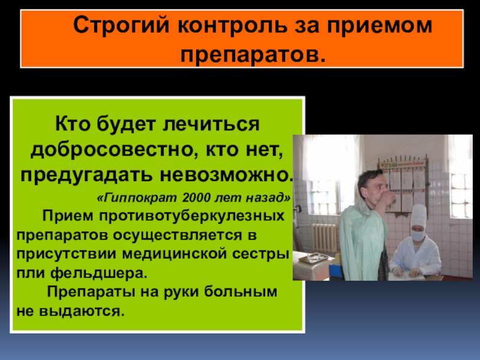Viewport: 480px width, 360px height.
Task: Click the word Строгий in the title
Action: pyautogui.click(x=121, y=26)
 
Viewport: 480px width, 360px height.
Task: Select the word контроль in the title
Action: pyautogui.click(x=232, y=25)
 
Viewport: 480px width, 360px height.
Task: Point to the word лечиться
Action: pyautogui.click(x=211, y=125)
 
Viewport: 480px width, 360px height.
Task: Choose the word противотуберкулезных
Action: pyautogui.click(x=191, y=216)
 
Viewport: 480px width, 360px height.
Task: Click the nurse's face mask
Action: pyautogui.click(x=418, y=235)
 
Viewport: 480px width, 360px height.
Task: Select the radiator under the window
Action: pyautogui.click(x=324, y=238)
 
